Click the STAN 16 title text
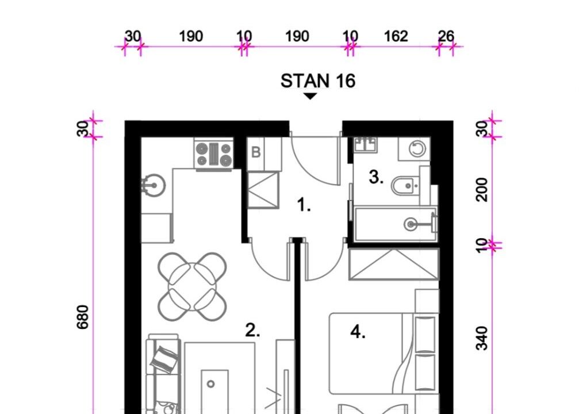(x=318, y=81)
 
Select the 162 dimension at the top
(x=396, y=37)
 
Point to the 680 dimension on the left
(x=83, y=317)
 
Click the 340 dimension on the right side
(x=482, y=338)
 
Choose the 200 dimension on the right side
(x=482, y=189)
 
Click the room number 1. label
(x=304, y=205)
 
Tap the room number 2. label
(x=252, y=330)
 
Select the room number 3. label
(x=376, y=177)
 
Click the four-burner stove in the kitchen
(x=214, y=155)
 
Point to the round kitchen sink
(x=154, y=185)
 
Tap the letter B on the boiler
(x=256, y=152)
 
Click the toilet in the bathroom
(x=405, y=186)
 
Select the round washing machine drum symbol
(x=417, y=149)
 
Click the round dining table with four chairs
(x=193, y=286)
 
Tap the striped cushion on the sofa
(x=164, y=358)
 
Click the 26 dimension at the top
(x=446, y=37)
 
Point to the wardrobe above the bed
(x=394, y=264)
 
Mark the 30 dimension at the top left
(x=133, y=37)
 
